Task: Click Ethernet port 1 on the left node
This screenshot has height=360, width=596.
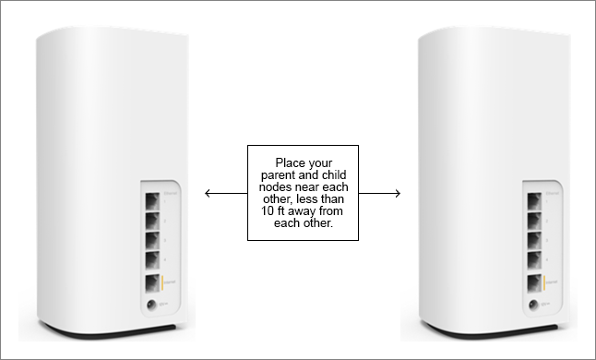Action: click(149, 198)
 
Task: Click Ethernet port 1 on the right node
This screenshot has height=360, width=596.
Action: click(534, 198)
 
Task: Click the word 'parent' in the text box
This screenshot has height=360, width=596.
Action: click(280, 175)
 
